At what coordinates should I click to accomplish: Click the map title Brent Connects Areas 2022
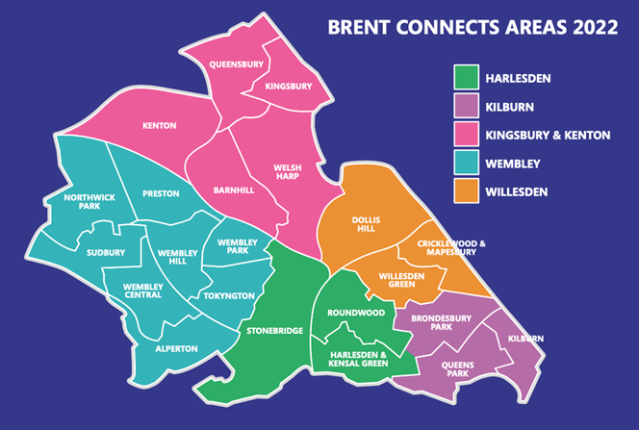tap(473, 28)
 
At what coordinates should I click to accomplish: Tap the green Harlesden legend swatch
tap(467, 77)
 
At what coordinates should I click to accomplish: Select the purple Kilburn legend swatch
tap(467, 106)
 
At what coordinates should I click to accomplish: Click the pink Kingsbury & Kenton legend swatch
tap(467, 135)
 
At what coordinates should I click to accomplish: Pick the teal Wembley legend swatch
tap(467, 164)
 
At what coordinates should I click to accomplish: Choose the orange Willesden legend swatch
tap(467, 192)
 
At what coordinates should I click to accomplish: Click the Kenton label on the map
tap(159, 125)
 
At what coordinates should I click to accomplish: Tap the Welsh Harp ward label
tap(288, 171)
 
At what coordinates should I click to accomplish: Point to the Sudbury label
tap(106, 253)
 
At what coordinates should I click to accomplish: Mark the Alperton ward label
tap(176, 347)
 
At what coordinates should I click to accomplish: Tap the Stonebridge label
tap(275, 331)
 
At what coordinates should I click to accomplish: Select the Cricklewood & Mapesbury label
tap(451, 248)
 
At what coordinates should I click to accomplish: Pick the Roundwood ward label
tap(356, 313)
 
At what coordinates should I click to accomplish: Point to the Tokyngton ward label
tap(229, 295)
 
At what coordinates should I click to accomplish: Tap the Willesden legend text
tap(517, 192)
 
